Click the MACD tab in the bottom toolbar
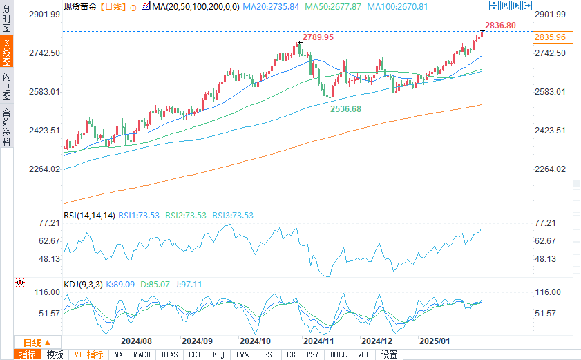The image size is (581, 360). pyautogui.click(x=142, y=354)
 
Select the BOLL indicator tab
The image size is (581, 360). pyautogui.click(x=338, y=354)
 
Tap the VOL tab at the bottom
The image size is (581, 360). pyautogui.click(x=364, y=354)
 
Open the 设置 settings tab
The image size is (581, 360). pyautogui.click(x=389, y=354)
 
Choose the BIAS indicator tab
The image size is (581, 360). pyautogui.click(x=169, y=354)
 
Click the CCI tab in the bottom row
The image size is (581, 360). pyautogui.click(x=195, y=354)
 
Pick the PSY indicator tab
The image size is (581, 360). pyautogui.click(x=313, y=354)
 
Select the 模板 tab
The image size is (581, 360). pyautogui.click(x=55, y=354)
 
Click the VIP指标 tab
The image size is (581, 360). pyautogui.click(x=89, y=354)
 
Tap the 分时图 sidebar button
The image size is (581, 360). pyautogui.click(x=7, y=19)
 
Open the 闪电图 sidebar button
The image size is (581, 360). pyautogui.click(x=7, y=86)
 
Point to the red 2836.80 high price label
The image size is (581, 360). pyautogui.click(x=500, y=26)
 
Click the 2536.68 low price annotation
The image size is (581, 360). pyautogui.click(x=345, y=109)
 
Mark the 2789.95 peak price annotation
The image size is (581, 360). pyautogui.click(x=318, y=37)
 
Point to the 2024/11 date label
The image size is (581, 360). pyautogui.click(x=318, y=341)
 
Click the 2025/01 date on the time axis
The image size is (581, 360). pyautogui.click(x=435, y=341)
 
